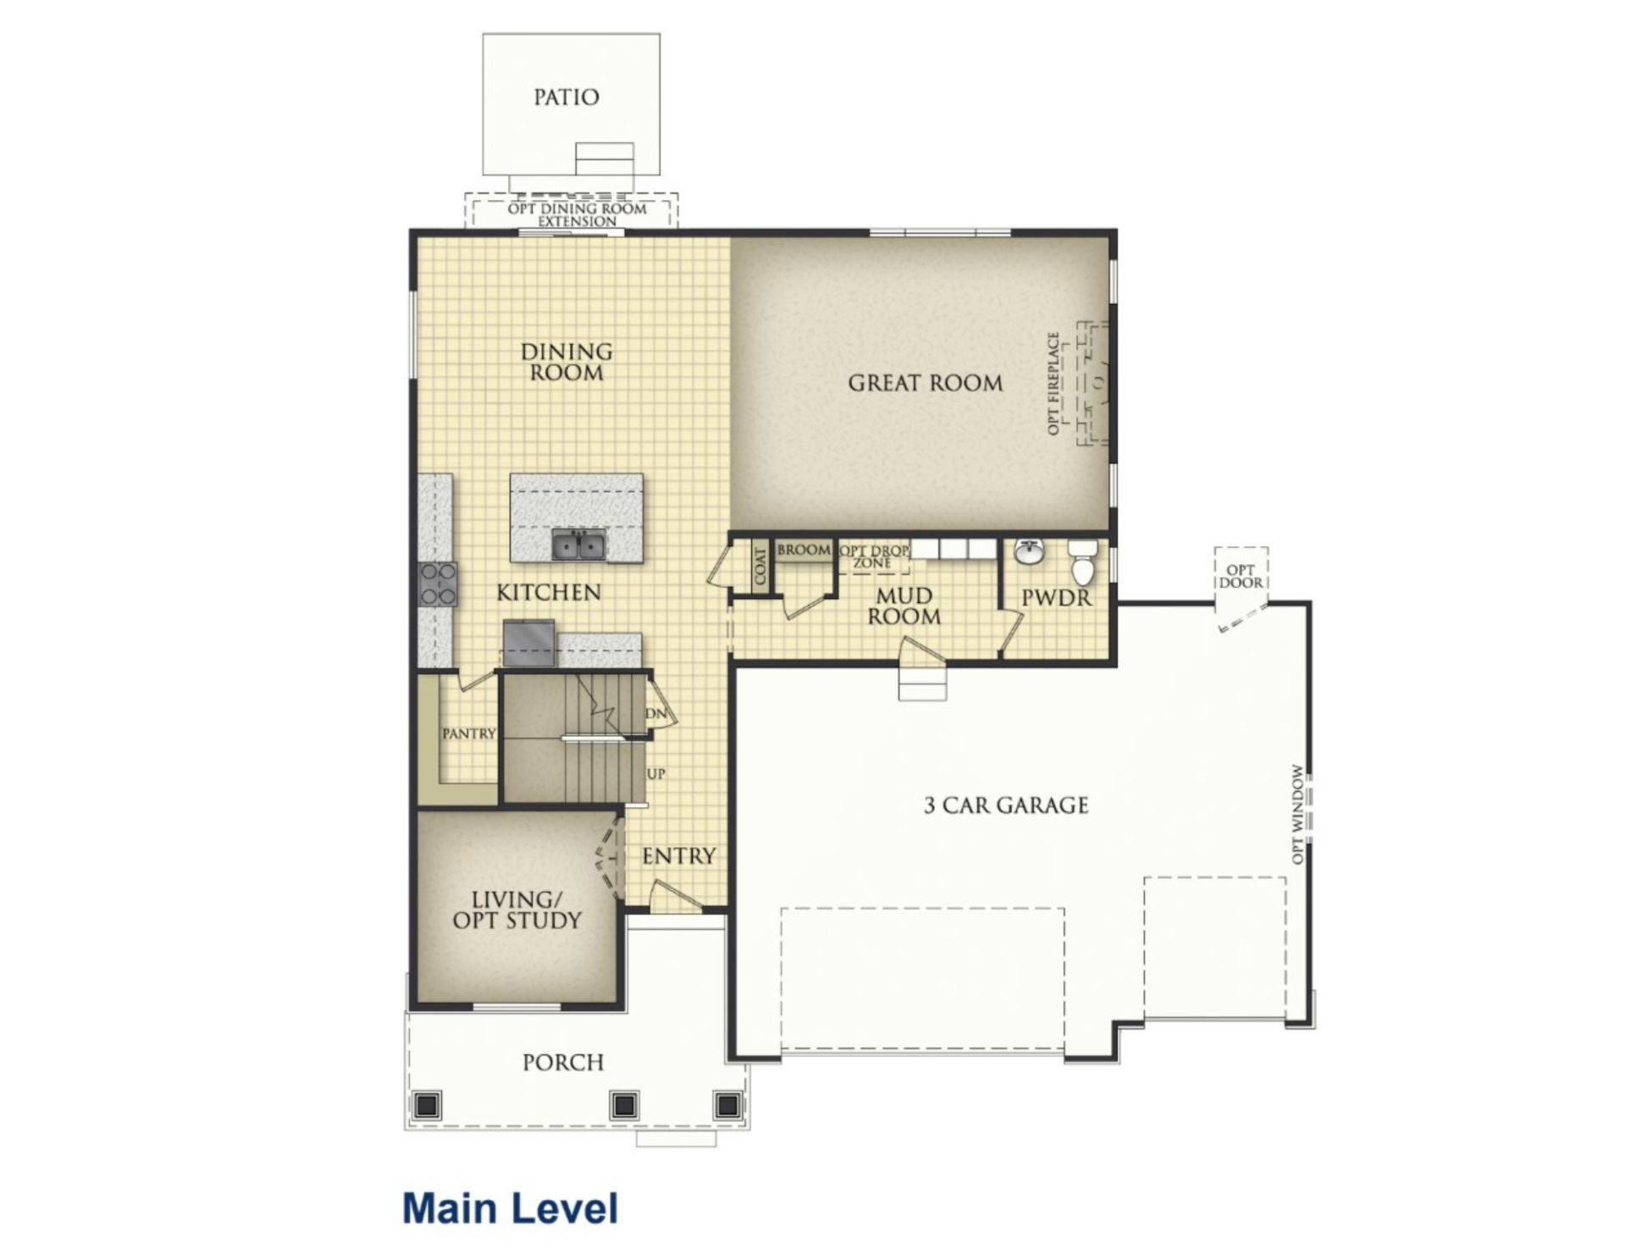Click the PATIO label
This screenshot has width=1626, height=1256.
point(566,97)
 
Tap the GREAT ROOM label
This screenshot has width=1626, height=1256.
point(926,383)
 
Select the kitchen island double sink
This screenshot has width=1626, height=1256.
point(579,545)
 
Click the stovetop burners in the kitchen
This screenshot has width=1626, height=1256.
point(438,584)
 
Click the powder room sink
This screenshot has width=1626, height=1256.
point(1029,551)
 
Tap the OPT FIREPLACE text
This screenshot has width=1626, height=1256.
point(1054,384)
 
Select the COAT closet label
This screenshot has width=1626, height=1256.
point(760,566)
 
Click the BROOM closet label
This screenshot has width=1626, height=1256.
point(804,550)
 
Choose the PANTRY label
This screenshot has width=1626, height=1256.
point(468,733)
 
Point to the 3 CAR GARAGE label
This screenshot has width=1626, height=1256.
point(1006,805)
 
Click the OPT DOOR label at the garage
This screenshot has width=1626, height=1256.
point(1241,577)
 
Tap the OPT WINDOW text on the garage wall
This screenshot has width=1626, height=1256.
point(1297,814)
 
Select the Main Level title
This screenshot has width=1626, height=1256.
point(511,1208)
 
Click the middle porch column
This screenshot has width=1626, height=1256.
point(624,1104)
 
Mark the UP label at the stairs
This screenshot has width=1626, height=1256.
point(656,773)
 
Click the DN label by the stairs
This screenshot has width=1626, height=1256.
point(656,713)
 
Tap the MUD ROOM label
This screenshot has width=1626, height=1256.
point(904,606)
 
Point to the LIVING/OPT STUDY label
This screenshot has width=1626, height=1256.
point(517,910)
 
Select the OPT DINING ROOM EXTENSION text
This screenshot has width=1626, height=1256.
point(578,215)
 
